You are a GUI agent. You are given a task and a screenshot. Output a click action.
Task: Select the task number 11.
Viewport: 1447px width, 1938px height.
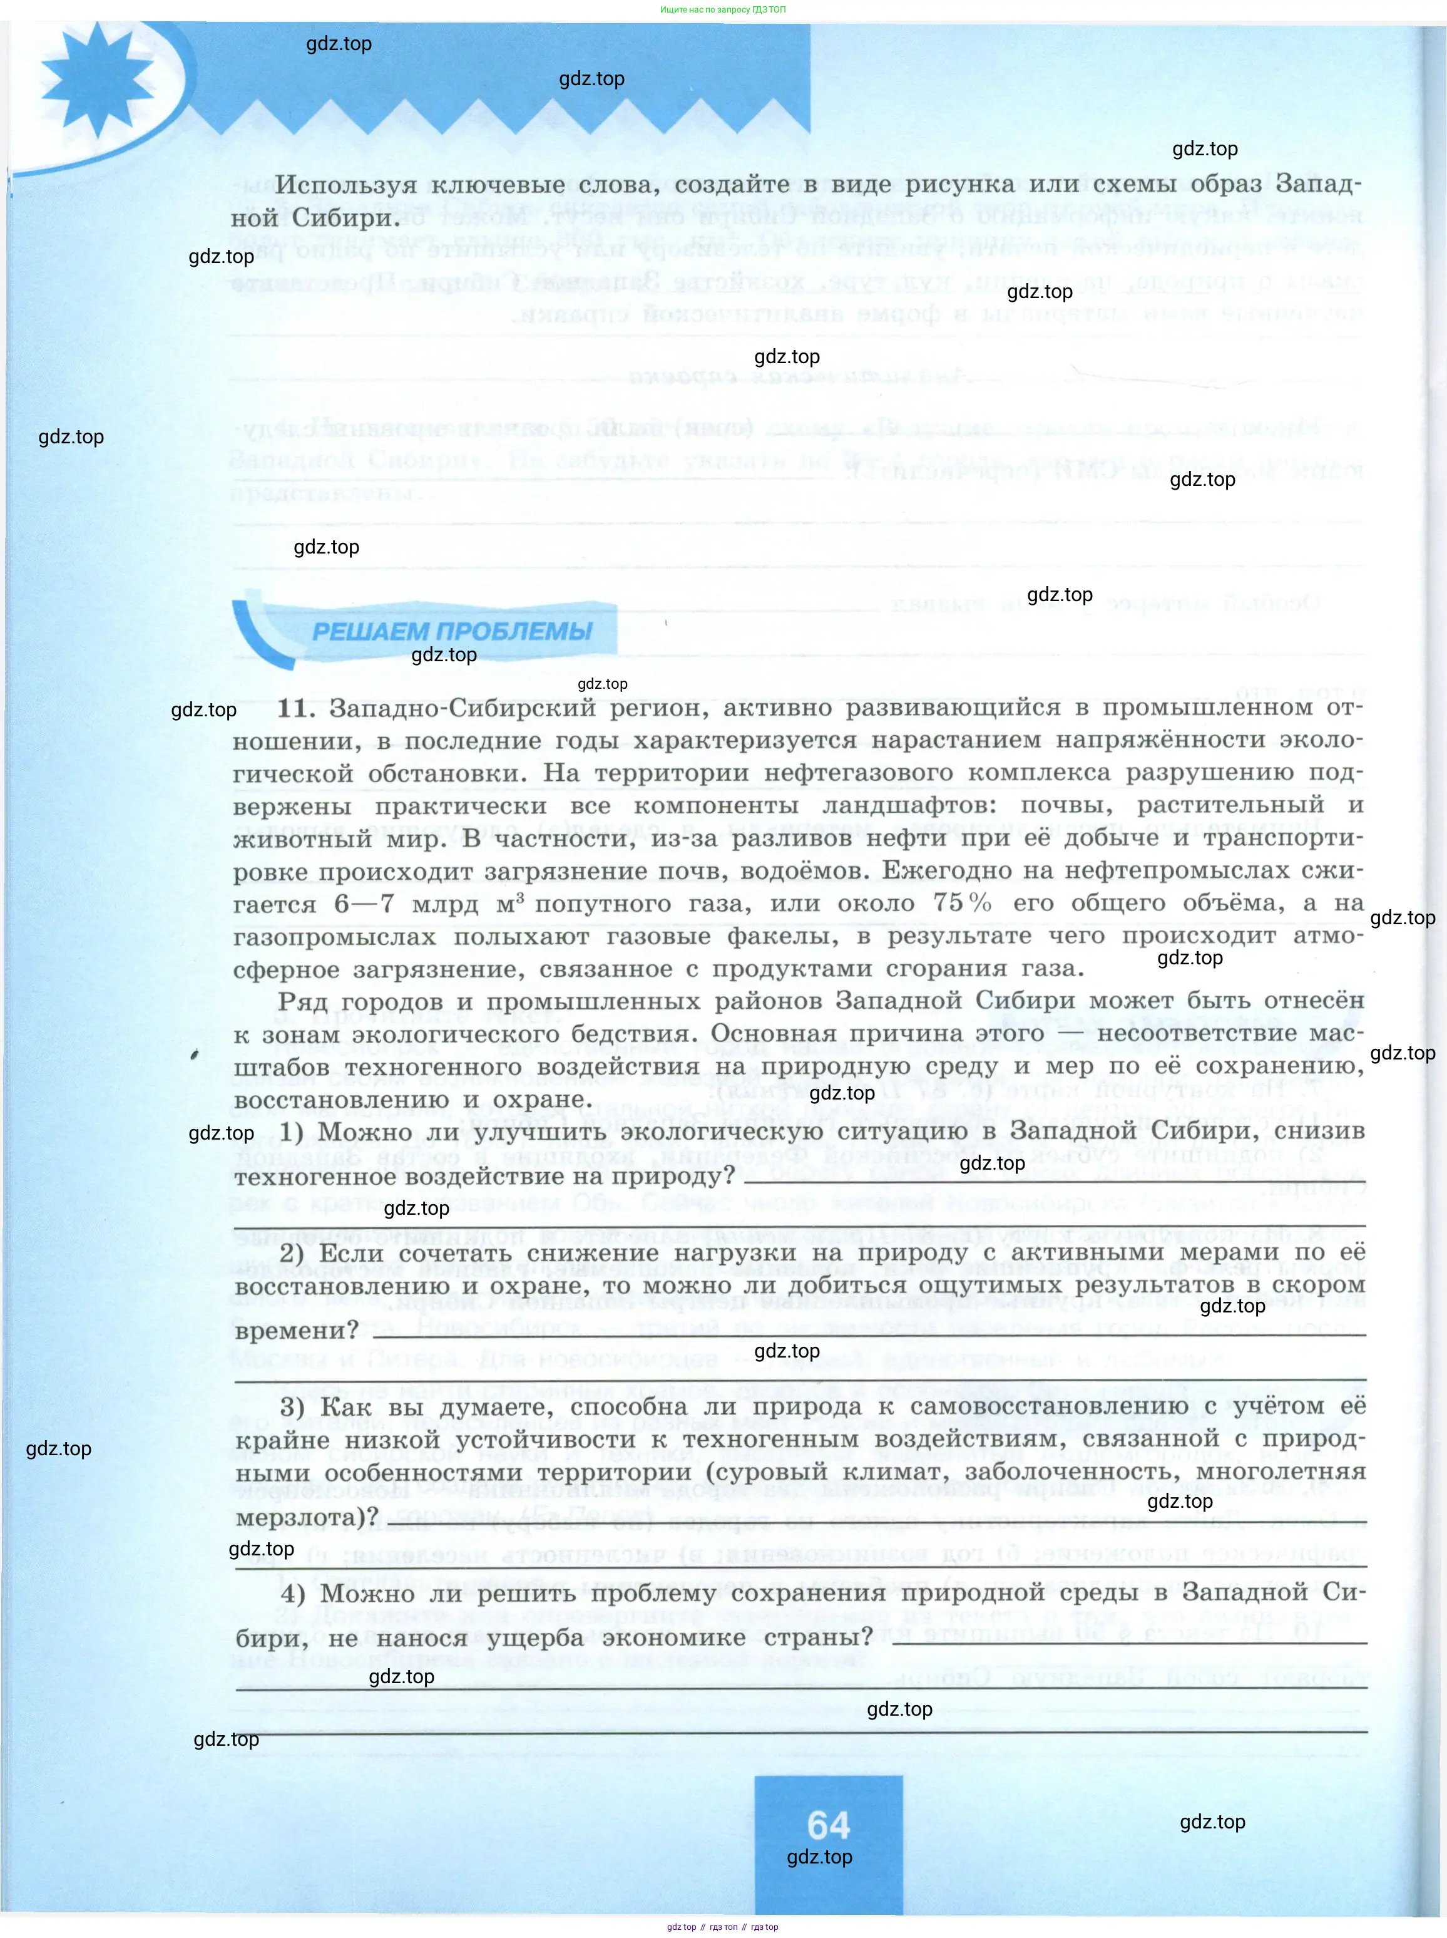pyautogui.click(x=295, y=708)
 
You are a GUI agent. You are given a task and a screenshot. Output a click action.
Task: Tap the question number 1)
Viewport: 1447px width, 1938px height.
pyautogui.click(x=292, y=1132)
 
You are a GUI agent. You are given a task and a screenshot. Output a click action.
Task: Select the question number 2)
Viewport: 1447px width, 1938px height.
pyautogui.click(x=292, y=1253)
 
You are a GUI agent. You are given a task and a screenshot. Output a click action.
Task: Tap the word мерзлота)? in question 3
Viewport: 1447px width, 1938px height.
pyautogui.click(x=307, y=1517)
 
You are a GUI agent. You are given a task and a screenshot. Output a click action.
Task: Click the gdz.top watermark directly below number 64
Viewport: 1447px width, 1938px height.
pyautogui.click(x=819, y=1857)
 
